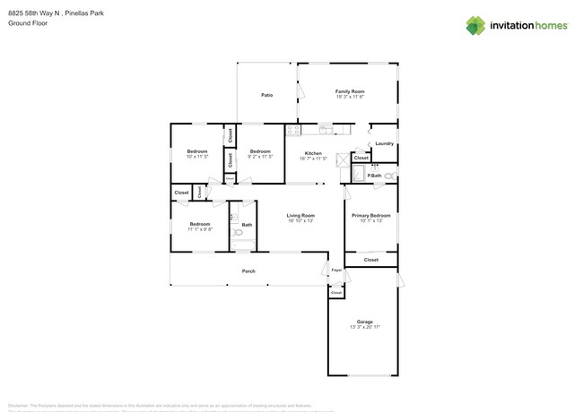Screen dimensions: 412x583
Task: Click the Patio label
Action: click(x=266, y=95)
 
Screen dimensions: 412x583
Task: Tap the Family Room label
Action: click(x=350, y=91)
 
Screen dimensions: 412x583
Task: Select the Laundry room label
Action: click(x=385, y=143)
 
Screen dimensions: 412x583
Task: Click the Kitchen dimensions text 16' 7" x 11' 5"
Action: click(x=313, y=159)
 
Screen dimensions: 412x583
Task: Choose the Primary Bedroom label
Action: click(x=370, y=215)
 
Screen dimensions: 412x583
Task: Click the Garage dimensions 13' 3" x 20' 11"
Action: click(x=364, y=327)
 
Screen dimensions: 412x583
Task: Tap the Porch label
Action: click(x=248, y=270)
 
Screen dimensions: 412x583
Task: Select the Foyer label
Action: click(x=337, y=270)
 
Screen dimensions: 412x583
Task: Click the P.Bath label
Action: click(x=375, y=176)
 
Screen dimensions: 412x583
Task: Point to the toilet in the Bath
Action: click(x=238, y=232)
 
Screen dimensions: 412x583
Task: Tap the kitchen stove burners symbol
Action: click(x=292, y=131)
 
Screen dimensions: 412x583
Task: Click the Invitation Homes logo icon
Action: click(x=476, y=25)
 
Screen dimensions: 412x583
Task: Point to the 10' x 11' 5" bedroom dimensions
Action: click(x=197, y=157)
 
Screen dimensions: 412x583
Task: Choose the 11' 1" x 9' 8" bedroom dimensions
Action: click(x=199, y=229)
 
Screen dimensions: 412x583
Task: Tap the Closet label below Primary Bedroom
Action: click(x=370, y=260)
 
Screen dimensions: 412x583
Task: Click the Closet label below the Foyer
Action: click(x=336, y=293)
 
